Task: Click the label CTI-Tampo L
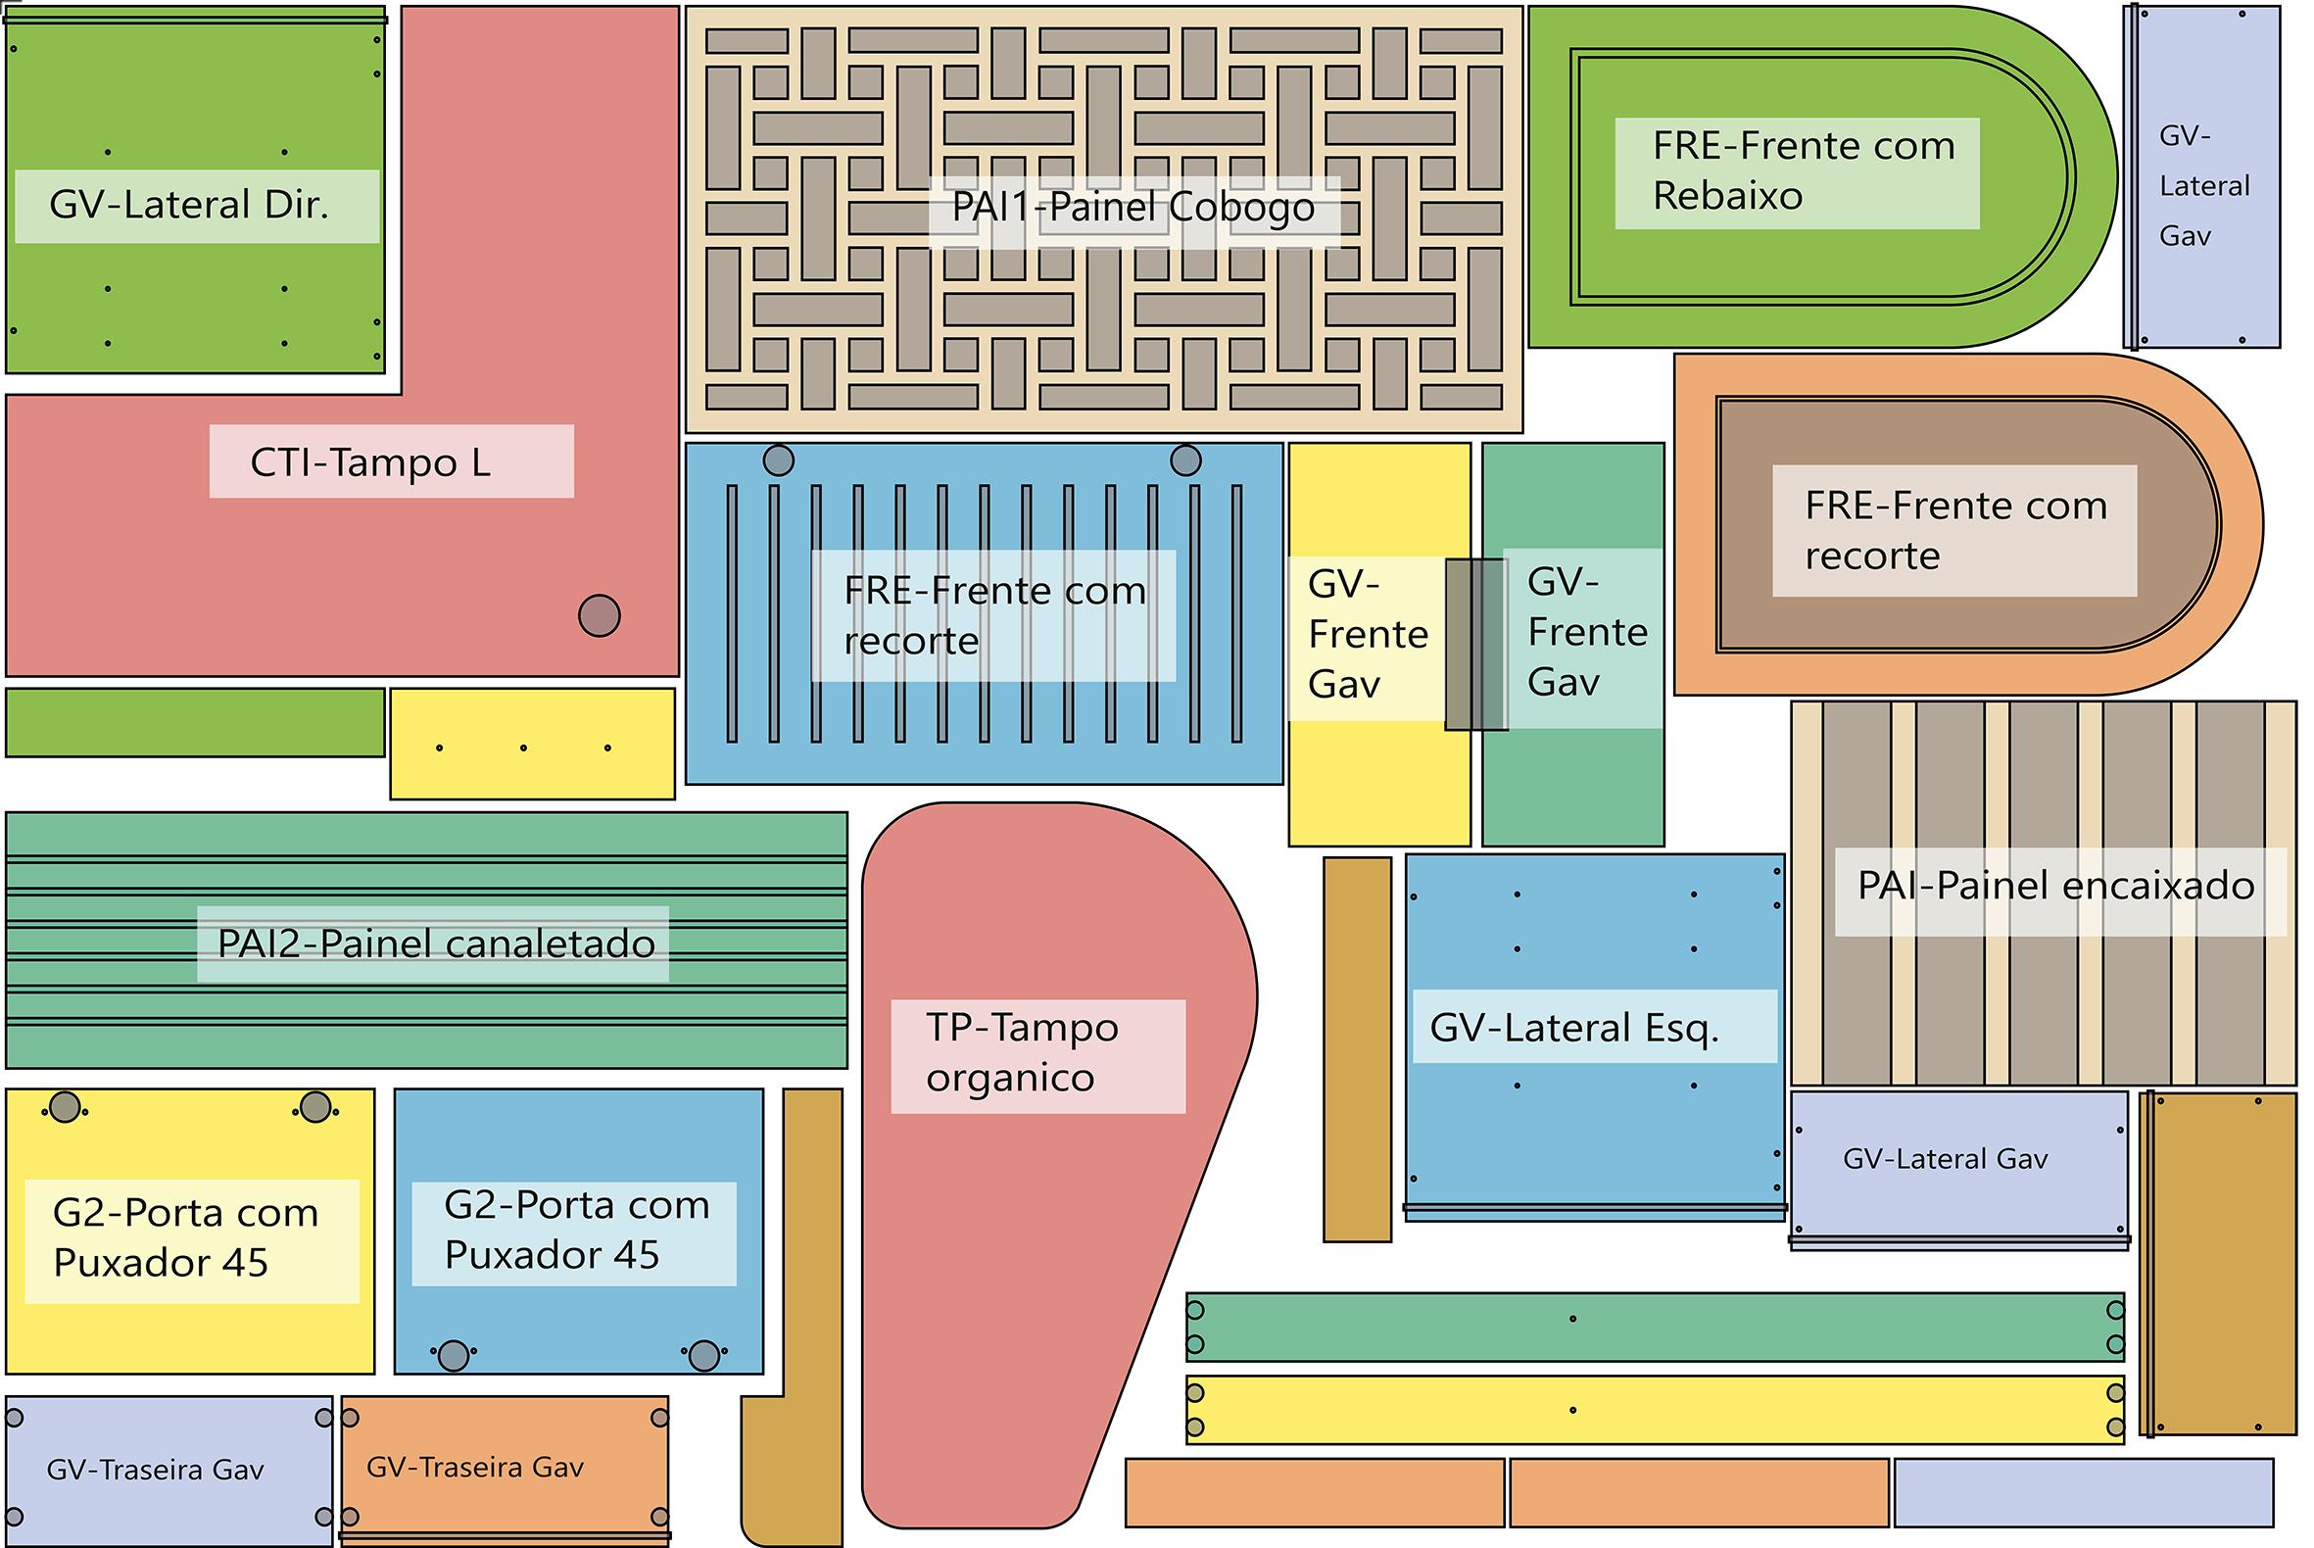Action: (x=370, y=463)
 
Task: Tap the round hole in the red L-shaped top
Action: (x=600, y=615)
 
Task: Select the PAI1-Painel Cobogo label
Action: (x=1133, y=208)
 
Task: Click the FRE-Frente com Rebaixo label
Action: (x=1804, y=170)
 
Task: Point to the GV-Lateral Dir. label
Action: (x=188, y=206)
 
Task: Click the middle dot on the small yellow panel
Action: (x=523, y=749)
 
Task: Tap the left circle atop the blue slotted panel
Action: (x=779, y=460)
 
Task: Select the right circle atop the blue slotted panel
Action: (x=1185, y=460)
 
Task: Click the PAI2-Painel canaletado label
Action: (x=436, y=944)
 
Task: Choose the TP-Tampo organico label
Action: (x=1022, y=1052)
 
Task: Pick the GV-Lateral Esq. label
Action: (x=1574, y=1029)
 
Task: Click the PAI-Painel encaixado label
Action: (x=2056, y=886)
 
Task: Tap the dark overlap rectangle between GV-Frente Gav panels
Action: (x=1476, y=645)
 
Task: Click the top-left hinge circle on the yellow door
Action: (x=66, y=1108)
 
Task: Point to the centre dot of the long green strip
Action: (x=1572, y=1319)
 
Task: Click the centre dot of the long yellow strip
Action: (x=1572, y=1411)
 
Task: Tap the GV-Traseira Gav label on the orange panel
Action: (x=475, y=1468)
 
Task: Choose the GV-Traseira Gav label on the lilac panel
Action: (x=155, y=1471)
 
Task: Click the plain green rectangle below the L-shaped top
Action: (x=196, y=723)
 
